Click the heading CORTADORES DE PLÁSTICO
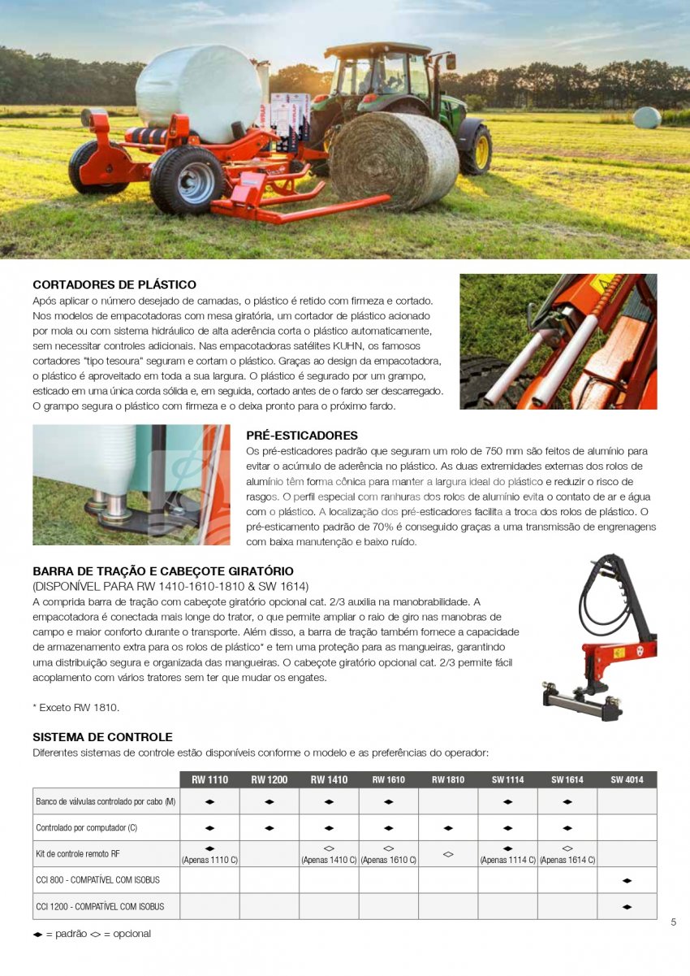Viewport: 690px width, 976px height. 114,285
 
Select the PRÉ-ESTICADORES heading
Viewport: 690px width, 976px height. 301,436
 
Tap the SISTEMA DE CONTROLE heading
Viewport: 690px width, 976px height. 102,737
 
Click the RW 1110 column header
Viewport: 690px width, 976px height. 209,780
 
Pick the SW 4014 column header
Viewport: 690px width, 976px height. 627,780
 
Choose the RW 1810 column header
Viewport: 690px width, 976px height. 448,780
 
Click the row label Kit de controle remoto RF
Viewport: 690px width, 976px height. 78,854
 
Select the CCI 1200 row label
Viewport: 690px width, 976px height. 100,906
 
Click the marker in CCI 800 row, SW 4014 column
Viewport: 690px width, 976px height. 627,880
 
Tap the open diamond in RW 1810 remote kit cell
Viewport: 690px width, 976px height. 448,854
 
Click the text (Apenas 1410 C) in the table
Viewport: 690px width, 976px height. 329,860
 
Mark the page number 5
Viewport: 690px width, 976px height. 674,922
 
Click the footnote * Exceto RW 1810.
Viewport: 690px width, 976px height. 75,708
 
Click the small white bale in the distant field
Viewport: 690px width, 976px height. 646,117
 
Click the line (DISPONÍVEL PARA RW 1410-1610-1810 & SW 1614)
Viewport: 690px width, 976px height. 170,587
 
